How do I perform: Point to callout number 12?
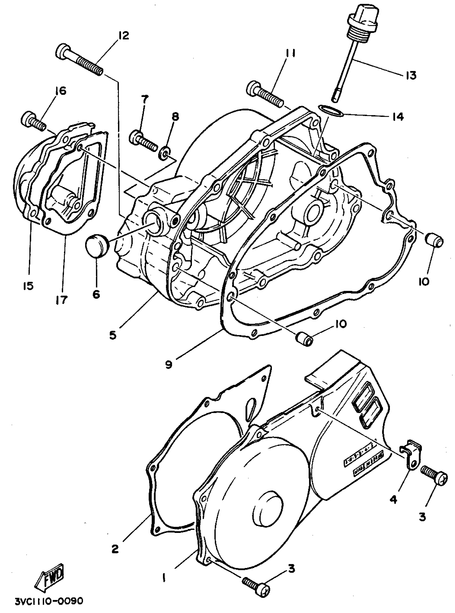124,36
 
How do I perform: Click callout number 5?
113,335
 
